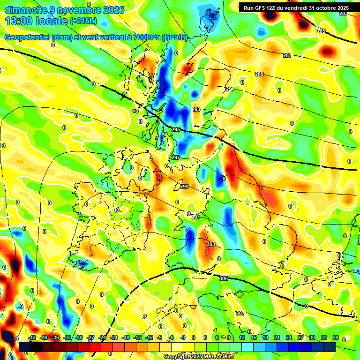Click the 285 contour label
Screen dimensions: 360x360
point(321,31)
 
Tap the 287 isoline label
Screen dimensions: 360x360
point(287,56)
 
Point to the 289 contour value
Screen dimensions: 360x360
point(259,75)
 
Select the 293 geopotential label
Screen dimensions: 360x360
point(196,109)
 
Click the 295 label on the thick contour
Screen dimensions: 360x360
point(176,129)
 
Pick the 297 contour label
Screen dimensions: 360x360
point(175,157)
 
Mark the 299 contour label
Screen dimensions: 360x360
point(184,187)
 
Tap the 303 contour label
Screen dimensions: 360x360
point(211,244)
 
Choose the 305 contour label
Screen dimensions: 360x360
point(223,278)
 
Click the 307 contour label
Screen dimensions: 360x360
point(240,313)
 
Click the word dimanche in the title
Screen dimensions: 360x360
point(23,10)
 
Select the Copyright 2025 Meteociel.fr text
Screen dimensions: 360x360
point(198,357)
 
